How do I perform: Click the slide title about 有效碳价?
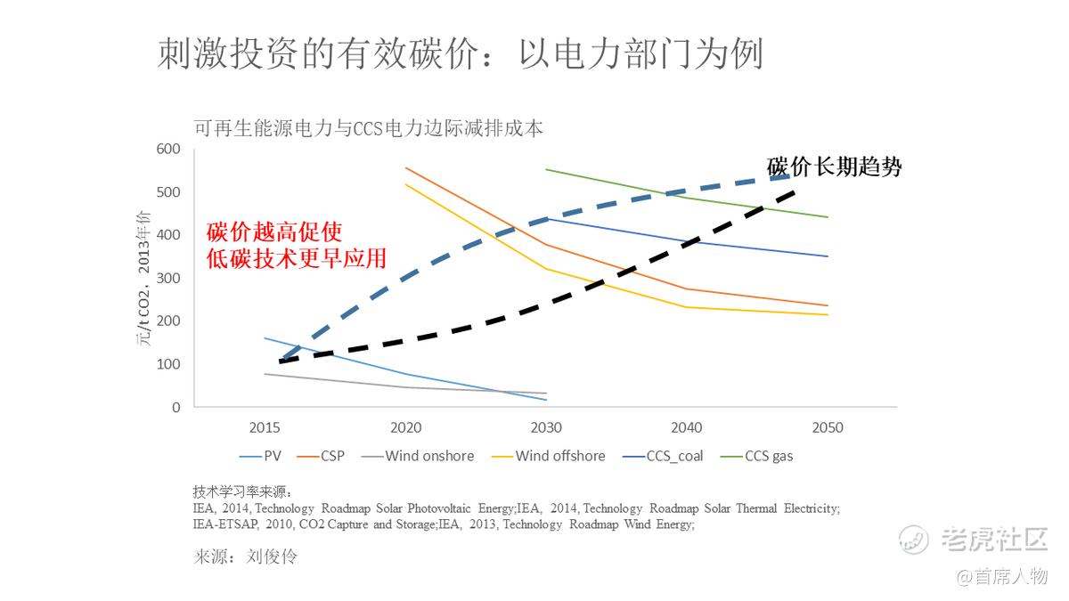(460, 54)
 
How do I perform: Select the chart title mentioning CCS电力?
(368, 128)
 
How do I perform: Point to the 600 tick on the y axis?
(168, 149)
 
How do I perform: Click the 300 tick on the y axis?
(168, 278)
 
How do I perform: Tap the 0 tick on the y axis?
(175, 407)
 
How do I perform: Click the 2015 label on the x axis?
(265, 428)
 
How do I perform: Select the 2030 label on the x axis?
(546, 428)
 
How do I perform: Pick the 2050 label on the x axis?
(828, 428)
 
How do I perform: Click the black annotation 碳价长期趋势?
(834, 167)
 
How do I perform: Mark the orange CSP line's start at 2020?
(406, 167)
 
